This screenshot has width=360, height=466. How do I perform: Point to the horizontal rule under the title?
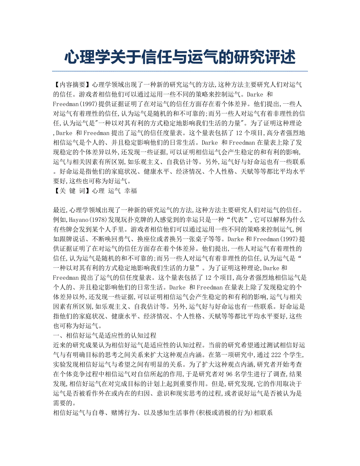(x=180, y=71)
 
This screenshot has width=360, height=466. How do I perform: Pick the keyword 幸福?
(x=130, y=191)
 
